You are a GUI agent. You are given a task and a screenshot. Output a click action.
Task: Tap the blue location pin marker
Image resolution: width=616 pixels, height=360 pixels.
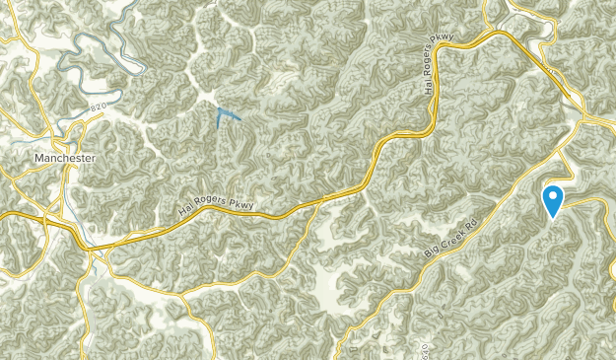click(554, 199)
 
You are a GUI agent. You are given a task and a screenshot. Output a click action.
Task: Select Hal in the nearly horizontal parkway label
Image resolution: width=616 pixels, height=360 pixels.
click(187, 210)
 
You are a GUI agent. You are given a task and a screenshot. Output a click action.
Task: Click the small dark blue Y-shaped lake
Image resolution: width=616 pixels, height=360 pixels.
click(226, 117)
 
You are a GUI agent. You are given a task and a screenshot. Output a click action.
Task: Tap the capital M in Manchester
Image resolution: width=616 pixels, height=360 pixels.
click(37, 158)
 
